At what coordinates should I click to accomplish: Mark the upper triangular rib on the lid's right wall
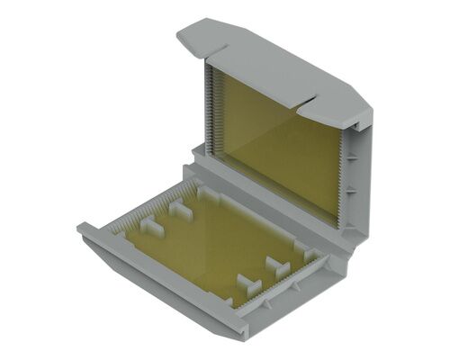point(355,155)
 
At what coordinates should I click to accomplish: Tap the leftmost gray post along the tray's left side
point(151,228)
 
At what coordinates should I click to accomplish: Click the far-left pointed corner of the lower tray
point(81,230)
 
